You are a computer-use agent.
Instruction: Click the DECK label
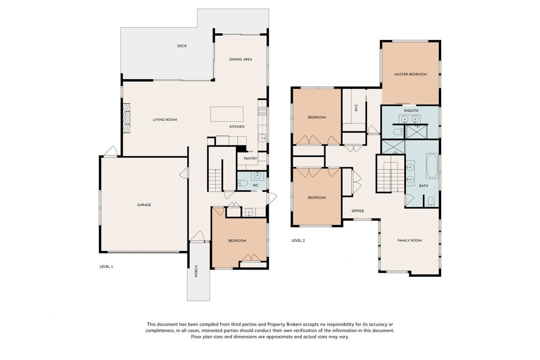click(182, 46)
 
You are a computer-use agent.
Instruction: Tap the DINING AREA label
click(241, 59)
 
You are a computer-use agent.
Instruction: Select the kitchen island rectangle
click(227, 114)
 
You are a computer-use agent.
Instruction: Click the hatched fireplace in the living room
click(126, 118)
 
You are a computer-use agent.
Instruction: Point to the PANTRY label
click(250, 158)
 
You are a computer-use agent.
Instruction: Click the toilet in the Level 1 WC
click(242, 183)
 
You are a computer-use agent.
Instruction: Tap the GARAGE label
click(144, 205)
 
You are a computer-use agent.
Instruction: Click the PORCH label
click(196, 271)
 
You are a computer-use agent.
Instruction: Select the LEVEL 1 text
click(106, 266)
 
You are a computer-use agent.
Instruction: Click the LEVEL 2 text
click(298, 241)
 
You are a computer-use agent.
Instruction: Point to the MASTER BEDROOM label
click(411, 74)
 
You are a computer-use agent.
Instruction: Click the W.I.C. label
click(356, 108)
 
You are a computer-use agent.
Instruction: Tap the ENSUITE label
click(411, 111)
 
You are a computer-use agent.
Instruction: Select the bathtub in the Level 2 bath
click(432, 166)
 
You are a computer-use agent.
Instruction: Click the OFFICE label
click(358, 211)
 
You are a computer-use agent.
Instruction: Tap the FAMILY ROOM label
click(410, 241)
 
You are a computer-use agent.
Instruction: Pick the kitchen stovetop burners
click(262, 111)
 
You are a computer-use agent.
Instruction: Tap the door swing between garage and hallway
click(184, 173)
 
